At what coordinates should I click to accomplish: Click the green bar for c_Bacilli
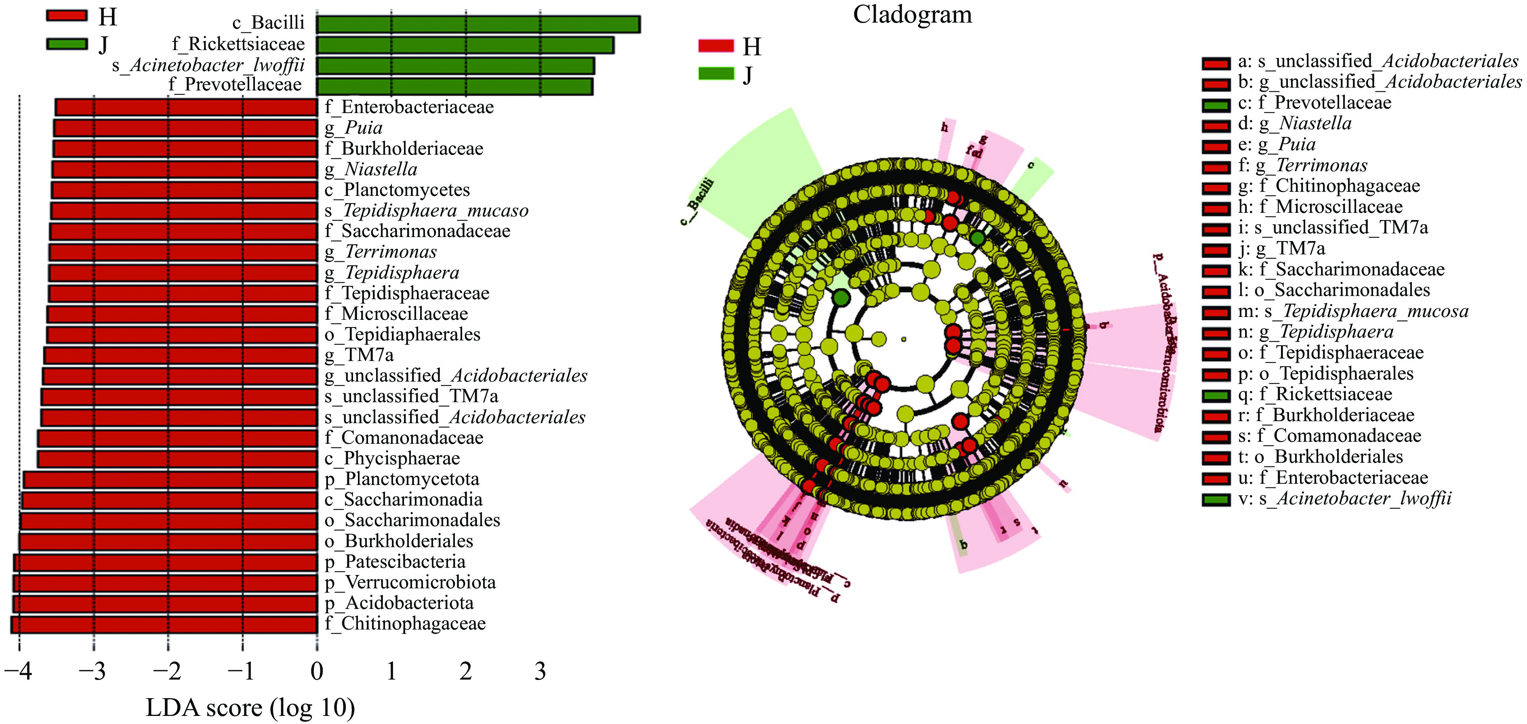[x=478, y=24]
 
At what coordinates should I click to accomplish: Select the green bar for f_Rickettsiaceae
[x=465, y=45]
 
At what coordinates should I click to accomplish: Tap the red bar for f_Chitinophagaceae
[x=164, y=624]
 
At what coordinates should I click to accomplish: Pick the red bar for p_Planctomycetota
[x=170, y=480]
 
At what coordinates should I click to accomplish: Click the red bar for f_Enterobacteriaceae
[x=186, y=107]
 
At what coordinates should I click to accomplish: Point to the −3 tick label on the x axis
[x=93, y=671]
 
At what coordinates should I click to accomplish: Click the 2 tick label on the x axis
[x=465, y=671]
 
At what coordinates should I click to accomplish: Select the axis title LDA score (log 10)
[x=250, y=707]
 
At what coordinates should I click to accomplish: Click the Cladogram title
[x=912, y=15]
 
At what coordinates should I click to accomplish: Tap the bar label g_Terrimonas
[x=380, y=252]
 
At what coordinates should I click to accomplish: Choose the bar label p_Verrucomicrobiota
[x=410, y=582]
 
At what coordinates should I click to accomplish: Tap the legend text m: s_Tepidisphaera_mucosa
[x=1353, y=311]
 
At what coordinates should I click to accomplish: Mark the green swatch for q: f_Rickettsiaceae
[x=1216, y=396]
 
